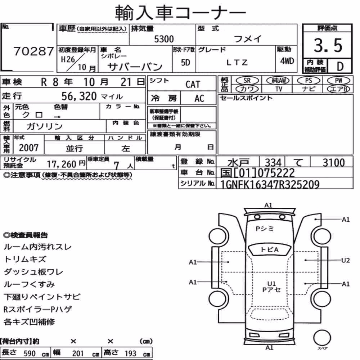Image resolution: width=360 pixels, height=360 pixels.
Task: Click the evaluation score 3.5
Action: [328, 45]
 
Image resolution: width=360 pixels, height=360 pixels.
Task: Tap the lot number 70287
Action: [34, 51]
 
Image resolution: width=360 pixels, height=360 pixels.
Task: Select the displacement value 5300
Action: [164, 39]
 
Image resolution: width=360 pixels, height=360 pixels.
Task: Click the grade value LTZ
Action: [237, 62]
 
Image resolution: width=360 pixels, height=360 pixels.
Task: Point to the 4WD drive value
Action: [287, 61]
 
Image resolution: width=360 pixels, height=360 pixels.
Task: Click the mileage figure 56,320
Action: [79, 96]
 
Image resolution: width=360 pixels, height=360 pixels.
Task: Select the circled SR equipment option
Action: [247, 81]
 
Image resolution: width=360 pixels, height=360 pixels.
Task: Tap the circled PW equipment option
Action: [338, 81]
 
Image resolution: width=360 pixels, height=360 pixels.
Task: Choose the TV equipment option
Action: [279, 89]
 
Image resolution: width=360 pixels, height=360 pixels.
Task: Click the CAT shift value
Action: [193, 84]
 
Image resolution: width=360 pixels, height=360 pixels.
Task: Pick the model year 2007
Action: [29, 148]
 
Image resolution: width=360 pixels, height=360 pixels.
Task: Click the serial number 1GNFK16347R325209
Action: [270, 184]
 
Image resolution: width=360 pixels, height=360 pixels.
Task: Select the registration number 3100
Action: [334, 163]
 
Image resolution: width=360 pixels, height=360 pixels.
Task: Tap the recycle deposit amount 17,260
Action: [62, 164]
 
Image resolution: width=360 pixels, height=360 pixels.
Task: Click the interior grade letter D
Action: [340, 66]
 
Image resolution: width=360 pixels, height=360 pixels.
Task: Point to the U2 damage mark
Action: [345, 260]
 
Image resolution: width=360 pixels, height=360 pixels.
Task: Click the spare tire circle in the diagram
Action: [322, 338]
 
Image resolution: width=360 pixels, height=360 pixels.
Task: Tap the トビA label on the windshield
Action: [270, 249]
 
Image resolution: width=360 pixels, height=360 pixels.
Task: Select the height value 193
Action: [130, 354]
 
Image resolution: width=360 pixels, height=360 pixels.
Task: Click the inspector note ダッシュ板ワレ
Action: [33, 272]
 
